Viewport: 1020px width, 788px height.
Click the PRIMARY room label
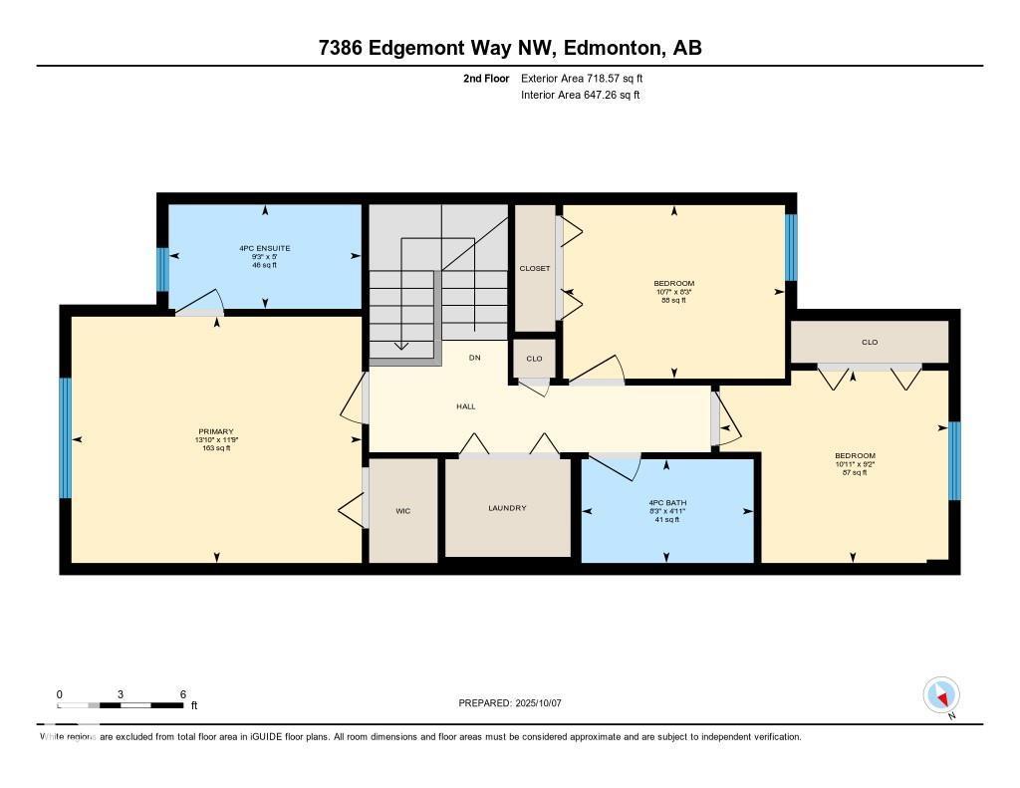tap(215, 431)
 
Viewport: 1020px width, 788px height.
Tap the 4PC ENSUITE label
tap(264, 248)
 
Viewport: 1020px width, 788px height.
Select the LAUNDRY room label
tap(507, 508)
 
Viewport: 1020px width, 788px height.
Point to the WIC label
tap(402, 511)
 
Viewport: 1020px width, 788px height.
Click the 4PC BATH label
tap(667, 503)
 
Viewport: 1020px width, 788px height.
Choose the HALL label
tap(466, 406)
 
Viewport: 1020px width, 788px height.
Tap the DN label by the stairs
tap(475, 357)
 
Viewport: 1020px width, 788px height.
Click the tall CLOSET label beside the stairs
tap(535, 268)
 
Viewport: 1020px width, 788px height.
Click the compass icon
tap(941, 694)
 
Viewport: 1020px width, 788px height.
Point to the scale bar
tap(121, 705)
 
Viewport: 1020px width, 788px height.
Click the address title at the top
tap(510, 48)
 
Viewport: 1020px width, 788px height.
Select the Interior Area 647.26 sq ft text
tap(581, 96)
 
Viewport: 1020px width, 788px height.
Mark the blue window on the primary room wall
tap(66, 437)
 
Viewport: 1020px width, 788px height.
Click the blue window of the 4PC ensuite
tap(162, 269)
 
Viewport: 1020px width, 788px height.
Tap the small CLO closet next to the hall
tap(534, 359)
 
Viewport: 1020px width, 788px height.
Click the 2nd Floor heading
tap(486, 78)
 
